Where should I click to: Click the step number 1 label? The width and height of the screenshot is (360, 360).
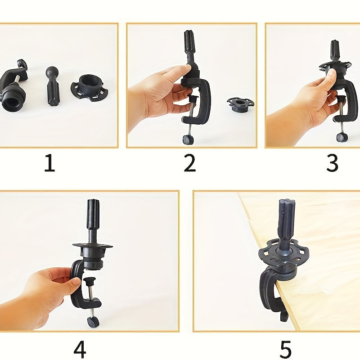[49, 163]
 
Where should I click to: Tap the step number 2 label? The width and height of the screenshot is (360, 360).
[189, 163]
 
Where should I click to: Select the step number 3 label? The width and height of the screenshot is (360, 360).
[332, 163]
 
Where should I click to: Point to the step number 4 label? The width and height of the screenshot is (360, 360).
[79, 350]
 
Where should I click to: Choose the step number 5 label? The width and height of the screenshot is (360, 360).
[285, 350]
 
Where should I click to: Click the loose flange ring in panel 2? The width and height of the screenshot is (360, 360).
[240, 103]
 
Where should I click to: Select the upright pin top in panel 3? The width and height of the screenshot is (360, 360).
[335, 47]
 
